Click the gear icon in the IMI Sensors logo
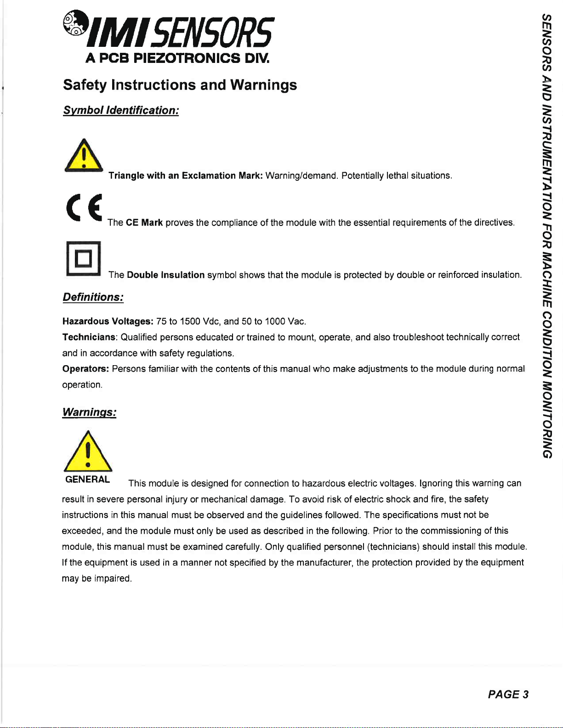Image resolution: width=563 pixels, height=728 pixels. (x=74, y=23)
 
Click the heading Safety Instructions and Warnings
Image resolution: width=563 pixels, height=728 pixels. (x=180, y=85)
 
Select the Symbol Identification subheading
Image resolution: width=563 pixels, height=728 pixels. (x=121, y=111)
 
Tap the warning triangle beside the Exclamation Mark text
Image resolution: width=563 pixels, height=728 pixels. (x=84, y=156)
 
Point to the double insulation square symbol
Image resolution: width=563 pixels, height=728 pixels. (x=83, y=259)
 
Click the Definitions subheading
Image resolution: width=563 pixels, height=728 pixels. (x=93, y=297)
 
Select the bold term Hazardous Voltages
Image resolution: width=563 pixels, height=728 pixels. (x=108, y=322)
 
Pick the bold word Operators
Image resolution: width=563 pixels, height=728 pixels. (x=85, y=369)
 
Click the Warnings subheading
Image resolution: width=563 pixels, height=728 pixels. (x=89, y=412)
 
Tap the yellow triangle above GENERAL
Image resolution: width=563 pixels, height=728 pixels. (x=88, y=452)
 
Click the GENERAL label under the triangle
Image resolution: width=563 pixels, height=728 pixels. (x=87, y=480)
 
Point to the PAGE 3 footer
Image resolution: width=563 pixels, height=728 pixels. (x=508, y=694)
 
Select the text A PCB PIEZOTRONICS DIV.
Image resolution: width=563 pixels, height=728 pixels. (x=177, y=58)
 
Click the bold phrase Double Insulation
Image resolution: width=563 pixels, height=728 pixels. (x=165, y=275)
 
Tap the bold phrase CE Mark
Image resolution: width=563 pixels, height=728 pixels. (x=144, y=223)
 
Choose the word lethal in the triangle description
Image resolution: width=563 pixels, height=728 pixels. (x=397, y=176)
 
